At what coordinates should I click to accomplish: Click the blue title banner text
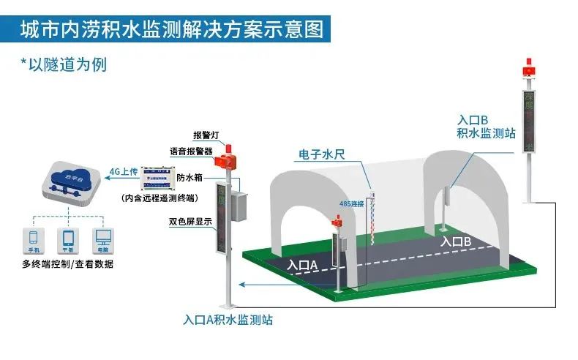[x=171, y=29]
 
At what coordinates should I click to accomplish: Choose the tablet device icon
[x=69, y=238]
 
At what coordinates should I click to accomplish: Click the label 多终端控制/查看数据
[x=67, y=263]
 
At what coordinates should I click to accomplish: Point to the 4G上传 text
[x=124, y=172]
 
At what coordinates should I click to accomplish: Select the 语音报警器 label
[x=191, y=151]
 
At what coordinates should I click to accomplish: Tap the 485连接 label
[x=351, y=203]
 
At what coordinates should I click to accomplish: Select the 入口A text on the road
[x=302, y=265]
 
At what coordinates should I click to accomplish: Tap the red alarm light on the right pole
[x=527, y=70]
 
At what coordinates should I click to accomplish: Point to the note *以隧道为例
[x=64, y=64]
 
